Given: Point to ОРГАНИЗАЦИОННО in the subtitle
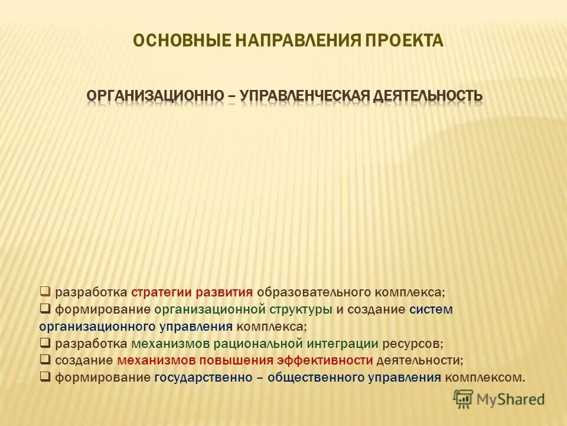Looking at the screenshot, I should (x=154, y=95).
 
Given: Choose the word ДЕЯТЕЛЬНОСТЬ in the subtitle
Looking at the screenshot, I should (x=427, y=95).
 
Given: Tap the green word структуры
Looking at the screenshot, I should (x=301, y=309).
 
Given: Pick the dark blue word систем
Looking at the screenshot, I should (x=431, y=309).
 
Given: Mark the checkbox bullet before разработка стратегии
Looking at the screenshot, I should (x=45, y=292).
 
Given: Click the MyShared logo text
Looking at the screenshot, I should (x=511, y=399).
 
